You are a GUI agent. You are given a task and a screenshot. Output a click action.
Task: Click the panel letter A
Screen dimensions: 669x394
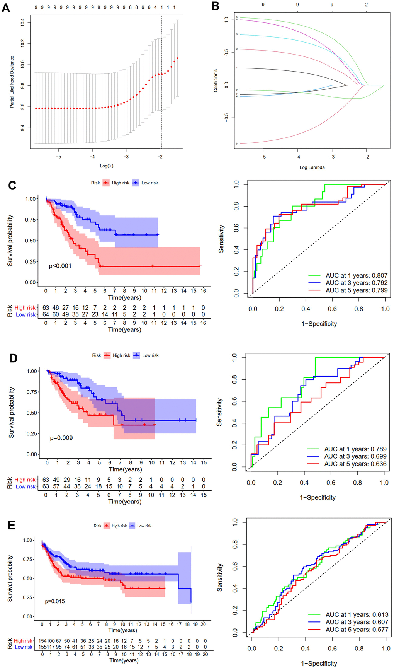(x=5, y=7)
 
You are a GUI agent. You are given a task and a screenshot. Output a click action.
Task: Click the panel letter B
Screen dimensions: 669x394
(x=215, y=6)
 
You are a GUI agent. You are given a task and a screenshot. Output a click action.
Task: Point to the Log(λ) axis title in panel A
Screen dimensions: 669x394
(x=107, y=166)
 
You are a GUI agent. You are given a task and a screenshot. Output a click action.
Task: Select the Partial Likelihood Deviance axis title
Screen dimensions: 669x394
(x=12, y=82)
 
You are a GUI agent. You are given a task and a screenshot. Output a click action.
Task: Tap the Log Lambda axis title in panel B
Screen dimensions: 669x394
(x=312, y=167)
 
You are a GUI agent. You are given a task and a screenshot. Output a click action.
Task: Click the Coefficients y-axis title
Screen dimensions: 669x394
(x=216, y=80)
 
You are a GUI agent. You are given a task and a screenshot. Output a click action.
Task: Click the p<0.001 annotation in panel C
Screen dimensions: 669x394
(x=60, y=266)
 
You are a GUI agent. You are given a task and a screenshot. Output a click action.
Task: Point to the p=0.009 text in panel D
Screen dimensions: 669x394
(x=61, y=438)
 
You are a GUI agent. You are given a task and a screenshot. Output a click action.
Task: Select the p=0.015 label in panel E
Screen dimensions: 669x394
(x=55, y=601)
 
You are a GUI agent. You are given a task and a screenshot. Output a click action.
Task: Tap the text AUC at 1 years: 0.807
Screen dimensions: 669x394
(x=356, y=275)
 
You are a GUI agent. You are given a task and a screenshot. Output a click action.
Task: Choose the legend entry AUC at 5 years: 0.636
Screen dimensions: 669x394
(x=355, y=464)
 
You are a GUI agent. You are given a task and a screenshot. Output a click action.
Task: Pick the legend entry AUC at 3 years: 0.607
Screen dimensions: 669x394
(x=357, y=622)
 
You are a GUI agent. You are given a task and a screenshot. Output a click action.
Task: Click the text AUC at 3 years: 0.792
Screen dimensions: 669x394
(x=356, y=283)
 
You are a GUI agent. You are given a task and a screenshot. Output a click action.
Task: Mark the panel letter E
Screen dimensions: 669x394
(x=12, y=525)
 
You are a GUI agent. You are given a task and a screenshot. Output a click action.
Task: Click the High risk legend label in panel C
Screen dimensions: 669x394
(x=121, y=183)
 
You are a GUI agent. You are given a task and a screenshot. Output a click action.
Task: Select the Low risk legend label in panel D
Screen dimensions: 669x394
(x=150, y=355)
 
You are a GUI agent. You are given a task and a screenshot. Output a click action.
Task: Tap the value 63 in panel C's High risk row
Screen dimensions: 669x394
(x=46, y=308)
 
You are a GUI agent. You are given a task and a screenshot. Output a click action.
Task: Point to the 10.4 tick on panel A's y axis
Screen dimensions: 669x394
(x=23, y=22)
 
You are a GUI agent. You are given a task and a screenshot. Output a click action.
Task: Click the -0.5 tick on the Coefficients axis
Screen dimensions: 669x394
(x=227, y=117)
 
